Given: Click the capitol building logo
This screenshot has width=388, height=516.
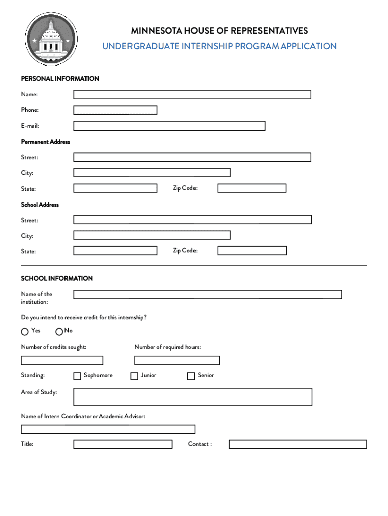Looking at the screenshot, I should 51,39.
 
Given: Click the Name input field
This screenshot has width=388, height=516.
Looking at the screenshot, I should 192,94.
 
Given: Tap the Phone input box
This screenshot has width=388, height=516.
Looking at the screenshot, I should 115,110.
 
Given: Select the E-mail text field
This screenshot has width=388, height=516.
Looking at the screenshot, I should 169,126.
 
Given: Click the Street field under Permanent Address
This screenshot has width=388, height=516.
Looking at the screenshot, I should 192,157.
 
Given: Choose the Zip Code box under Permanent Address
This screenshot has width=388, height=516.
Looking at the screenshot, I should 251,188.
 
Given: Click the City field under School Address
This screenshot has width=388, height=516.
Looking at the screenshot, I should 152,235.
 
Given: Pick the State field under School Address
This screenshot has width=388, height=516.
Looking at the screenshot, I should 115,251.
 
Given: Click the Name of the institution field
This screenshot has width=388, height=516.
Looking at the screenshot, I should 207,294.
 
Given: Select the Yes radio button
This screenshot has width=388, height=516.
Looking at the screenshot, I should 25,332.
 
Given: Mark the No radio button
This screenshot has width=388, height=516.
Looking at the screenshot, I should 59,332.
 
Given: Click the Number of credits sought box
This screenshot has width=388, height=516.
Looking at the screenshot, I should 62,360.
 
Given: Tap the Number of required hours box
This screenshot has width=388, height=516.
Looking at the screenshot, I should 176,360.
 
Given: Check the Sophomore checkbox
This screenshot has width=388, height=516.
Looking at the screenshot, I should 77,376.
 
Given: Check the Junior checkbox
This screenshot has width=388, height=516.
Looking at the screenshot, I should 134,376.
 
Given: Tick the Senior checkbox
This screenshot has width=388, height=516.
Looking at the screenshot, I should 191,376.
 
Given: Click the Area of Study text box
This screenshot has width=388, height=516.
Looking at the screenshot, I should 192,397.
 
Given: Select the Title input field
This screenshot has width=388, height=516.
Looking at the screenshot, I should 122,444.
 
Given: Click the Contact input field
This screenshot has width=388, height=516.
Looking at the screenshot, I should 298,444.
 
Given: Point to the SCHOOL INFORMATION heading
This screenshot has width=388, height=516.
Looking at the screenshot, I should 56,278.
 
